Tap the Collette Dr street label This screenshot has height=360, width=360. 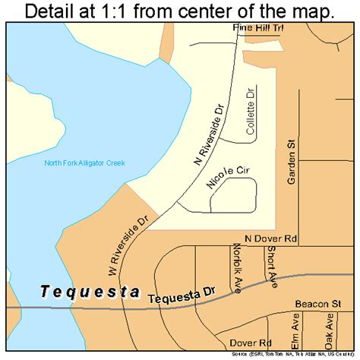250,111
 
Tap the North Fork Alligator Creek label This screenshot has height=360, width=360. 84,163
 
